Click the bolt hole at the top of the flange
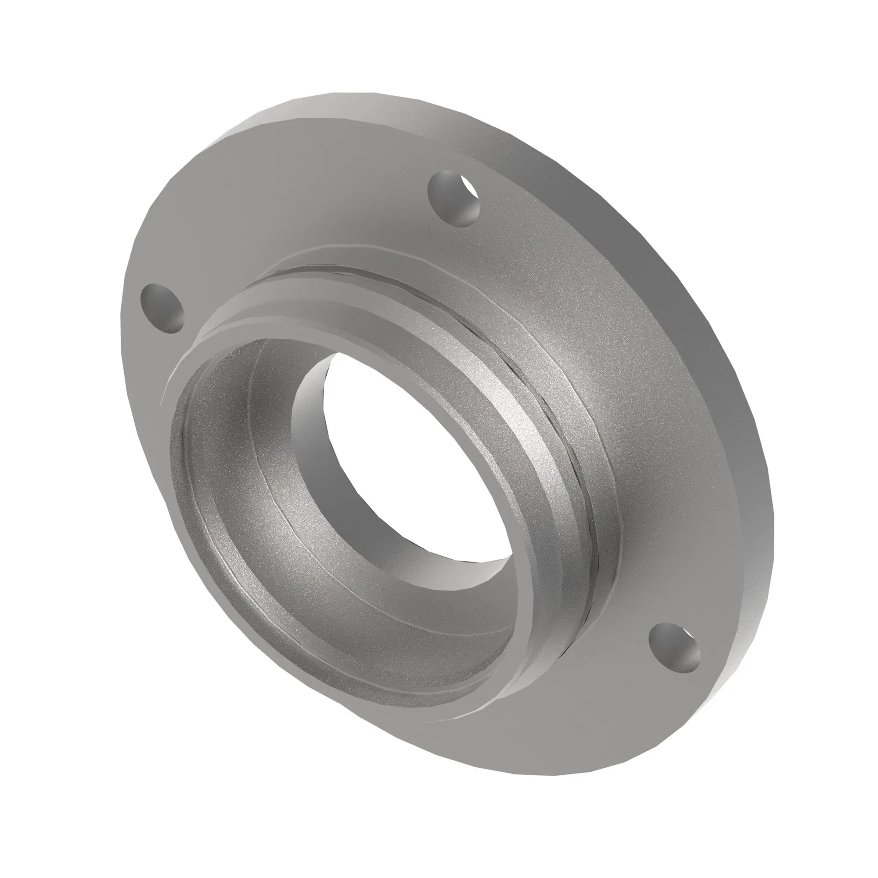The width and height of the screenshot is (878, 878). pyautogui.click(x=453, y=198)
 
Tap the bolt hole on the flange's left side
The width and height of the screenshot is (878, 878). pyautogui.click(x=162, y=309)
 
